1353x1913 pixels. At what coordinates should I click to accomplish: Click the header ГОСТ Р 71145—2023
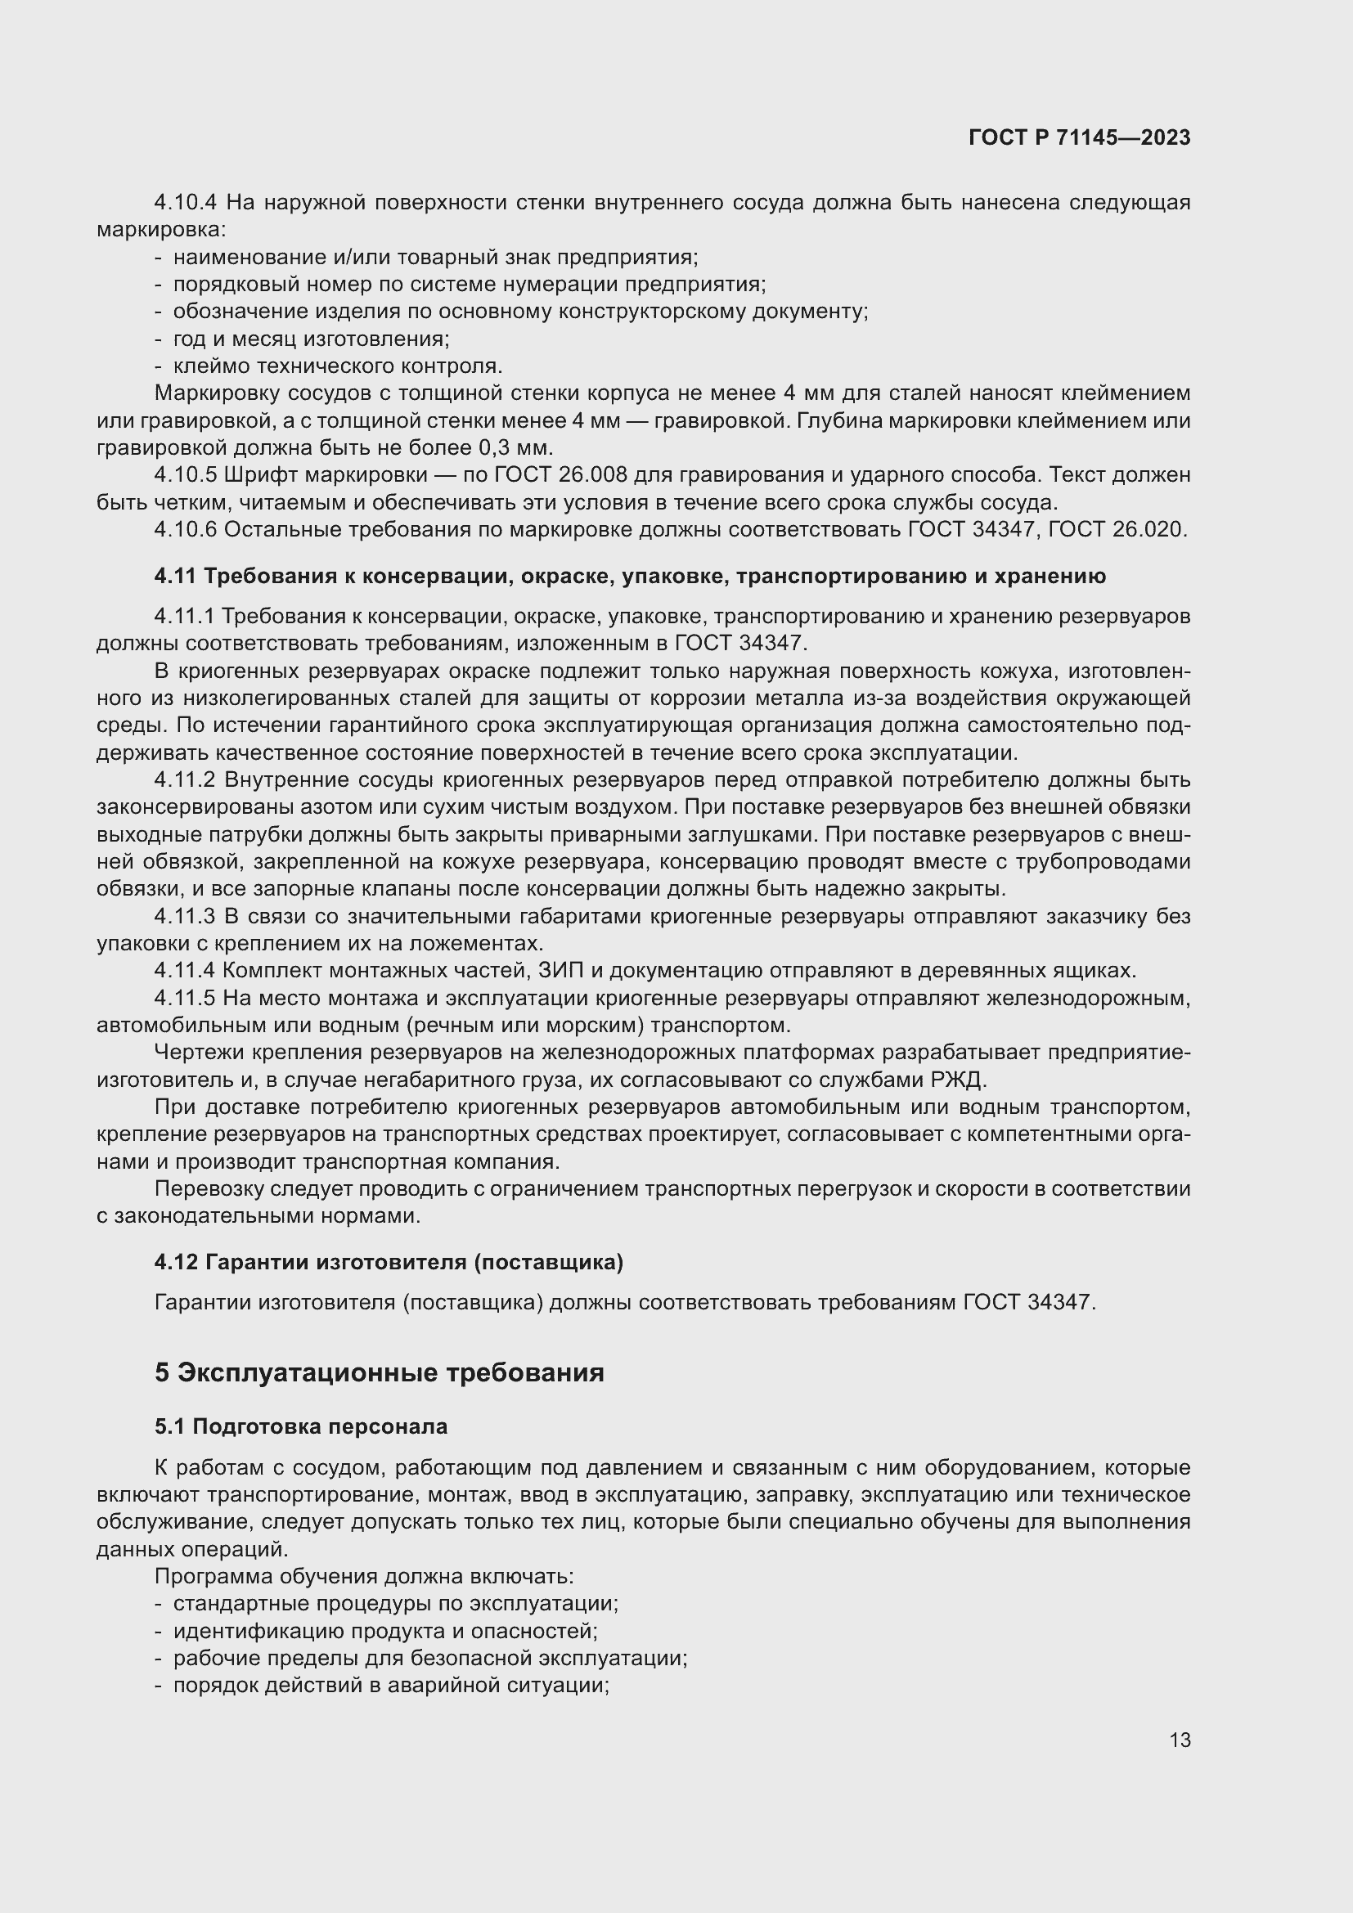[1079, 138]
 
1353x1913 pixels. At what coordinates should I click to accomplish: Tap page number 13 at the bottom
[1179, 1740]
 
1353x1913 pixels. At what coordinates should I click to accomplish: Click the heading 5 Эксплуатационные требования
[379, 1372]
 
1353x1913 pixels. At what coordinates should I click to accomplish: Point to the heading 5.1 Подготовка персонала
[301, 1426]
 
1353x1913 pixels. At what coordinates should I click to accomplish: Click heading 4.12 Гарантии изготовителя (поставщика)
[389, 1262]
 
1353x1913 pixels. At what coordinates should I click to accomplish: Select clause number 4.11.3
[185, 917]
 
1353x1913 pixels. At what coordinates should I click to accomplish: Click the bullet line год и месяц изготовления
[311, 339]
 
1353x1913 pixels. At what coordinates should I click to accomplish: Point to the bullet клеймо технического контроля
[337, 366]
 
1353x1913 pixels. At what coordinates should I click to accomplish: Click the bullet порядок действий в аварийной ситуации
[391, 1686]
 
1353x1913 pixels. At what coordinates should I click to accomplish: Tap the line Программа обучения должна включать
[364, 1576]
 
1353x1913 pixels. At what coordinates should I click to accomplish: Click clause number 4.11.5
[185, 998]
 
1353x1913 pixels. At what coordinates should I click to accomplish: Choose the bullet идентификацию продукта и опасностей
[385, 1631]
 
